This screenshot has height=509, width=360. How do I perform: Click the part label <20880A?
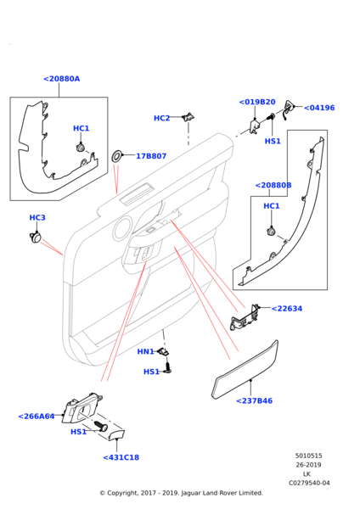click(x=61, y=79)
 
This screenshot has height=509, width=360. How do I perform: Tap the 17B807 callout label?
click(x=151, y=156)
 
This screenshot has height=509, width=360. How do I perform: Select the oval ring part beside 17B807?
click(x=116, y=156)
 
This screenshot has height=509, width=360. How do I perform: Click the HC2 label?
click(x=162, y=118)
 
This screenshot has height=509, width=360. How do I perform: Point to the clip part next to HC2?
click(x=188, y=117)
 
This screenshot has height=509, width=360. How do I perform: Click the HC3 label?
click(x=37, y=217)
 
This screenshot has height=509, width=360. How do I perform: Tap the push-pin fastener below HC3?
click(x=35, y=238)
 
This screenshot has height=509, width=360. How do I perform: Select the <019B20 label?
click(x=257, y=102)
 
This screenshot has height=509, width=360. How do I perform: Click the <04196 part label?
click(x=319, y=108)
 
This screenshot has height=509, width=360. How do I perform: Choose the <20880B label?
click(x=273, y=185)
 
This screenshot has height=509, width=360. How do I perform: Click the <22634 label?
click(x=287, y=309)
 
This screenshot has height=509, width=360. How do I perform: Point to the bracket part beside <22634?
click(x=245, y=317)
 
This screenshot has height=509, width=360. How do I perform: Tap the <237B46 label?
click(x=254, y=401)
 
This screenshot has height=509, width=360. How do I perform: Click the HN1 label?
click(x=145, y=351)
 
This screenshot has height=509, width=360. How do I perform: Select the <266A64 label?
click(x=37, y=417)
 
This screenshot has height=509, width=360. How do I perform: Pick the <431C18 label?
click(x=121, y=457)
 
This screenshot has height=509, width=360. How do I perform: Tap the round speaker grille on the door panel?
click(x=122, y=229)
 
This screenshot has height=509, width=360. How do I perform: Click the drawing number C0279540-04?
click(x=309, y=483)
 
